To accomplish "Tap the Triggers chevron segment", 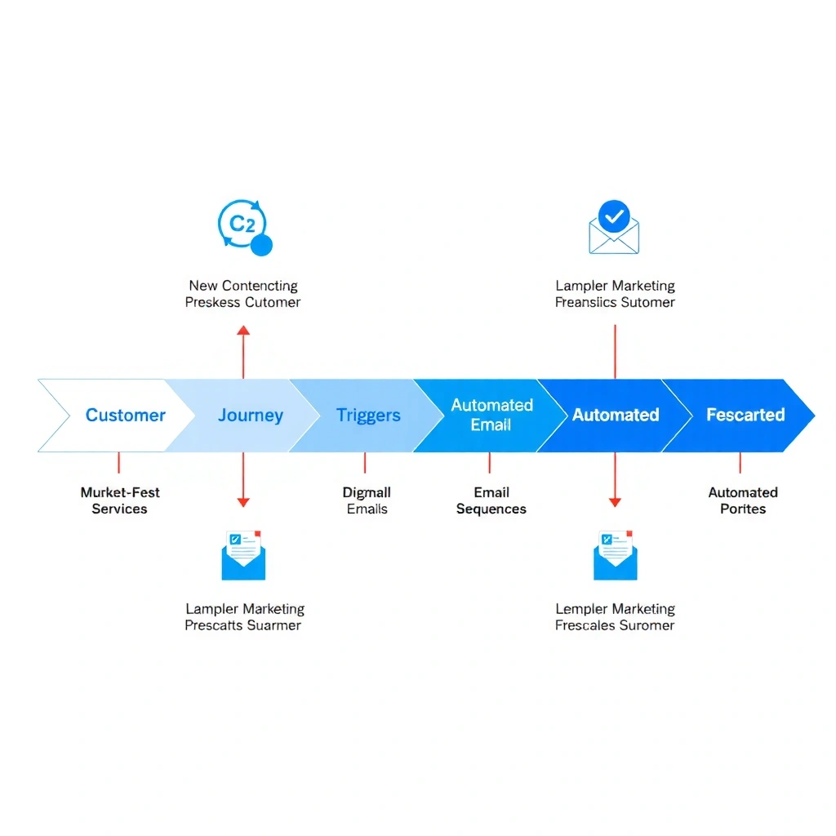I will click(x=367, y=416).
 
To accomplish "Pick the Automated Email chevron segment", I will click(x=491, y=416).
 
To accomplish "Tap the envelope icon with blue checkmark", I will click(x=614, y=228).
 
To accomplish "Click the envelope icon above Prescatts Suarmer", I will click(x=243, y=554).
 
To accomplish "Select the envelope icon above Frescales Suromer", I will click(x=615, y=554).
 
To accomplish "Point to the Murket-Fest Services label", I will click(x=119, y=500).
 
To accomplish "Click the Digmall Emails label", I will click(x=367, y=500).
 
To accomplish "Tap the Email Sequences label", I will click(x=491, y=500).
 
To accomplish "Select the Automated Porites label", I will click(x=742, y=500).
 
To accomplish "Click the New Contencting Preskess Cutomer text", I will click(x=242, y=294).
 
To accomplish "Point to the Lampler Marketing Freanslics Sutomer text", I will click(x=615, y=294).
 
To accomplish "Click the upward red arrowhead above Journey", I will click(x=243, y=330).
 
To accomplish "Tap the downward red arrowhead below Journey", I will click(x=243, y=502).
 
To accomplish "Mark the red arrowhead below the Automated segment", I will click(x=615, y=502).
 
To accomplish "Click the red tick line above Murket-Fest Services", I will click(x=119, y=463).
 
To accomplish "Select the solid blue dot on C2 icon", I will click(x=261, y=245).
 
